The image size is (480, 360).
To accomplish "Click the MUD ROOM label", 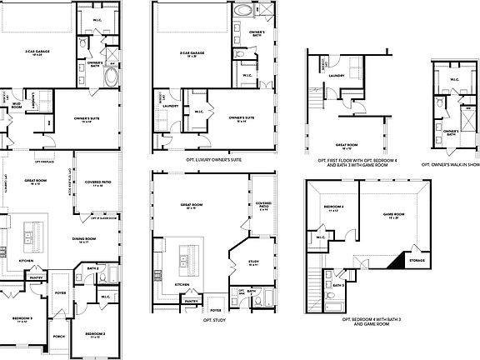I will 16,105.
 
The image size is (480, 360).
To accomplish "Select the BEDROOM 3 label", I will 23,318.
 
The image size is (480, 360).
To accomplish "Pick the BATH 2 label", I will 92,267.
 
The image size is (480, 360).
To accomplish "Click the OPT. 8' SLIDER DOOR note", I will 102,217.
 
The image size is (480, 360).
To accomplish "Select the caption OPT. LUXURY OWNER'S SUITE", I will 213,157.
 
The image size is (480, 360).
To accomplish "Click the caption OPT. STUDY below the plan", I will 214,319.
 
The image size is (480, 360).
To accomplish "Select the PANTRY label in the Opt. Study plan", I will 191,300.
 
